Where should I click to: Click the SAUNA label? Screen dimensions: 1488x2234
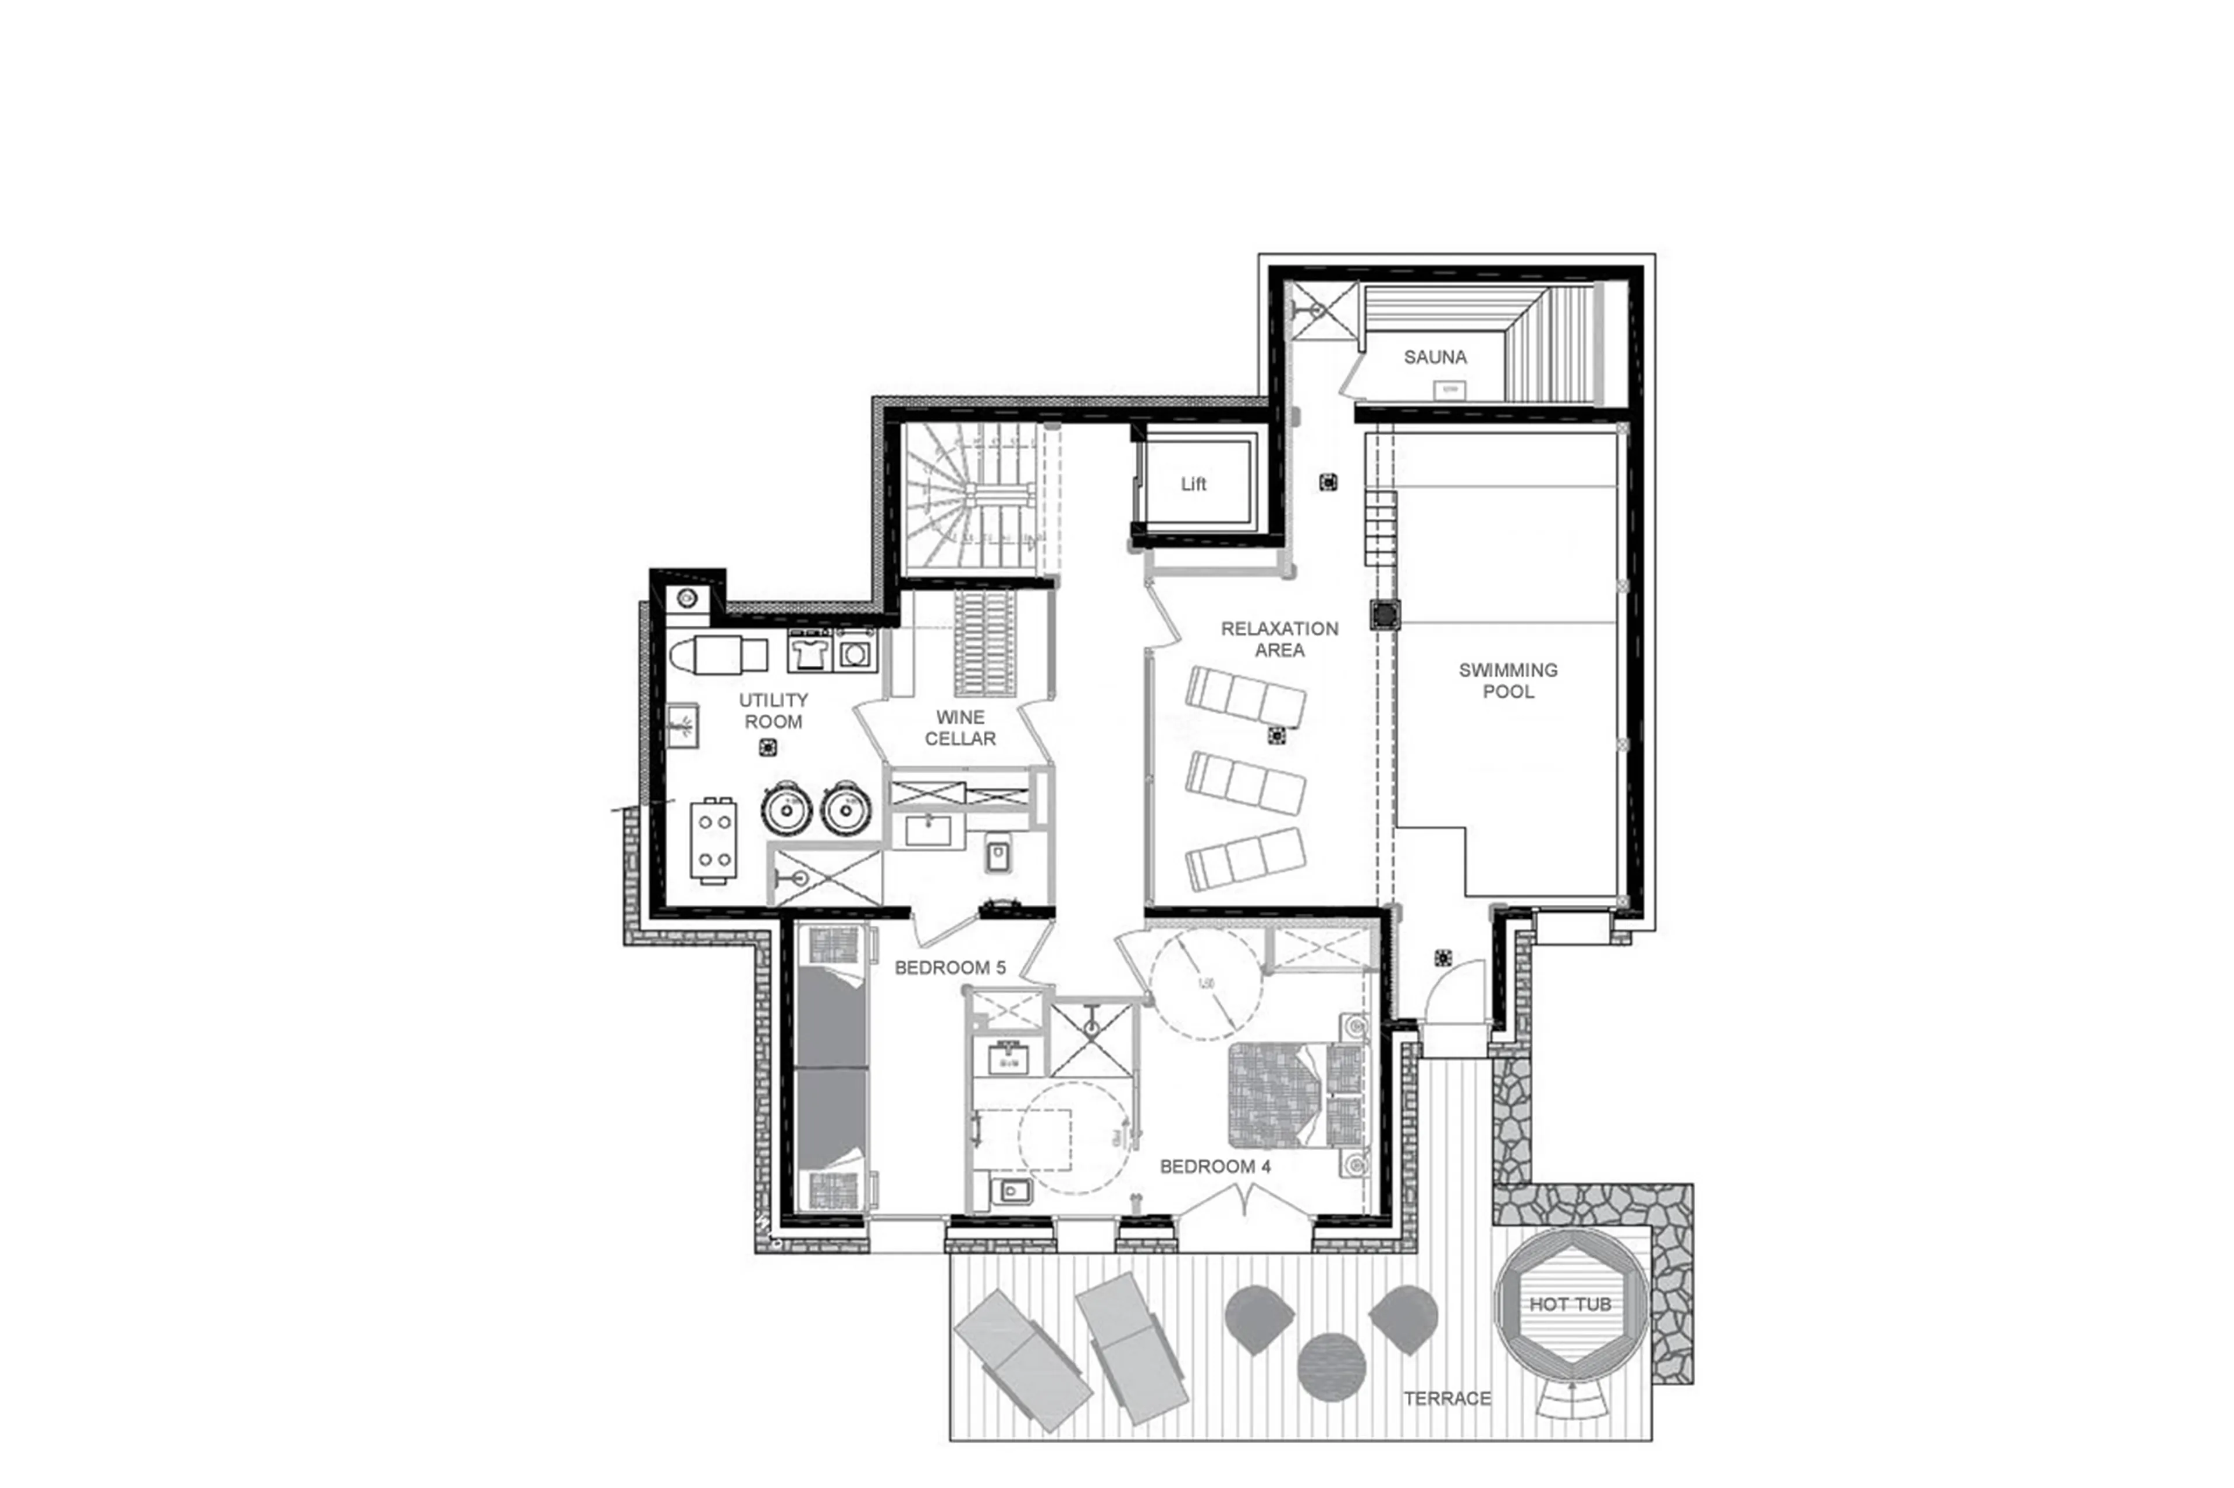pyautogui.click(x=1435, y=357)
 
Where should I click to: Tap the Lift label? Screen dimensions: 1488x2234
pyautogui.click(x=1193, y=484)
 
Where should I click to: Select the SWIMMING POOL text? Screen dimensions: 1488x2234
pyautogui.click(x=1508, y=680)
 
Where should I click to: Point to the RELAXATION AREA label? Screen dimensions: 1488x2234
pyautogui.click(x=1279, y=638)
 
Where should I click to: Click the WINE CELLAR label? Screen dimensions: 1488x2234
pyautogui.click(x=960, y=728)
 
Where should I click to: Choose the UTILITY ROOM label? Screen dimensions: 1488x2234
pyautogui.click(x=773, y=711)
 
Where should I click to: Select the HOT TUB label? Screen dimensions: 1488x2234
pyautogui.click(x=1570, y=1304)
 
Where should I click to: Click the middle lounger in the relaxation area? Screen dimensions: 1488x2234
pyautogui.click(x=1244, y=784)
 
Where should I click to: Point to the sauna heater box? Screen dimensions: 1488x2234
pyautogui.click(x=1449, y=389)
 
